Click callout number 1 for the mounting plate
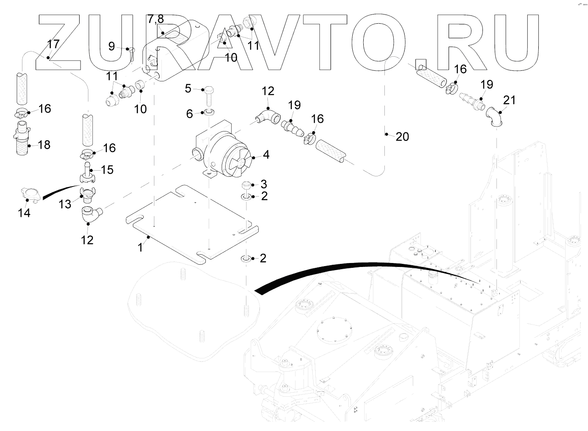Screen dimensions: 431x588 [x=140, y=248]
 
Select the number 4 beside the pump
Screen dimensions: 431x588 [x=266, y=155]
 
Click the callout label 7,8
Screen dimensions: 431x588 [x=155, y=19]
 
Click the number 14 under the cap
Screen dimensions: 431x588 [x=24, y=213]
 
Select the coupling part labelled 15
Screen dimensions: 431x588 [x=88, y=173]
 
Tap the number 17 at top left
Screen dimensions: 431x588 [x=53, y=44]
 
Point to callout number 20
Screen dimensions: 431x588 [x=402, y=137]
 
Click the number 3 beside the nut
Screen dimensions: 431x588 [x=264, y=184]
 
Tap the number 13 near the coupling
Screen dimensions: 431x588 [x=65, y=204]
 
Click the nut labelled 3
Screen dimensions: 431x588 [x=247, y=186]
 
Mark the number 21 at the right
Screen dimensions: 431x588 [x=509, y=100]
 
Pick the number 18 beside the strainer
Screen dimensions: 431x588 [x=44, y=145]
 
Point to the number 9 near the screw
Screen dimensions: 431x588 [x=111, y=46]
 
